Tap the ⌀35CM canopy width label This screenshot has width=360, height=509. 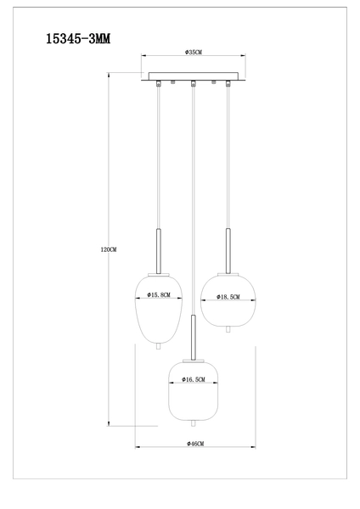(193, 53)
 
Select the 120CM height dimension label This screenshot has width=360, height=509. (107, 249)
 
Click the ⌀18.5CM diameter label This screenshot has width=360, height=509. (228, 297)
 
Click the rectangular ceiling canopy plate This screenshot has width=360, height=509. (193, 76)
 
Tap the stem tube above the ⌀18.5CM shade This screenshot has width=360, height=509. (228, 249)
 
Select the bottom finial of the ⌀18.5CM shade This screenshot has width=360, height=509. (228, 327)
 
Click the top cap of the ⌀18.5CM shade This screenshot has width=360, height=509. (228, 273)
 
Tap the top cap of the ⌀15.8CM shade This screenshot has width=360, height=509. (159, 273)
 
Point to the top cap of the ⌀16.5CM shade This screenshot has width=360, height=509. (194, 359)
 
